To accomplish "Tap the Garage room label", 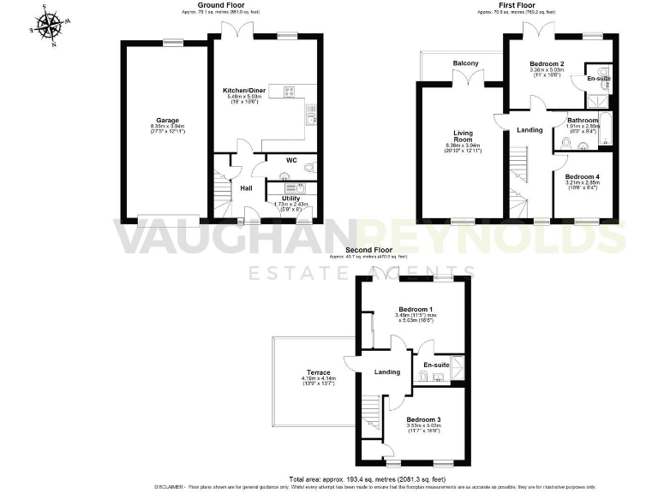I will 165,120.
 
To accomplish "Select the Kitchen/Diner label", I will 242,89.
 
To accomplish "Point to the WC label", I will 279,159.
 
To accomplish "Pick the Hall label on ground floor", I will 246,187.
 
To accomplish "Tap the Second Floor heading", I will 368,249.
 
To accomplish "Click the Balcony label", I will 465,62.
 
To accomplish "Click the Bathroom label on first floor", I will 583,121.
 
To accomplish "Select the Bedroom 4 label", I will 583,176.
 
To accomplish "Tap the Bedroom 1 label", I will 416,309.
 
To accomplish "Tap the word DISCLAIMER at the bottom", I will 194,486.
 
